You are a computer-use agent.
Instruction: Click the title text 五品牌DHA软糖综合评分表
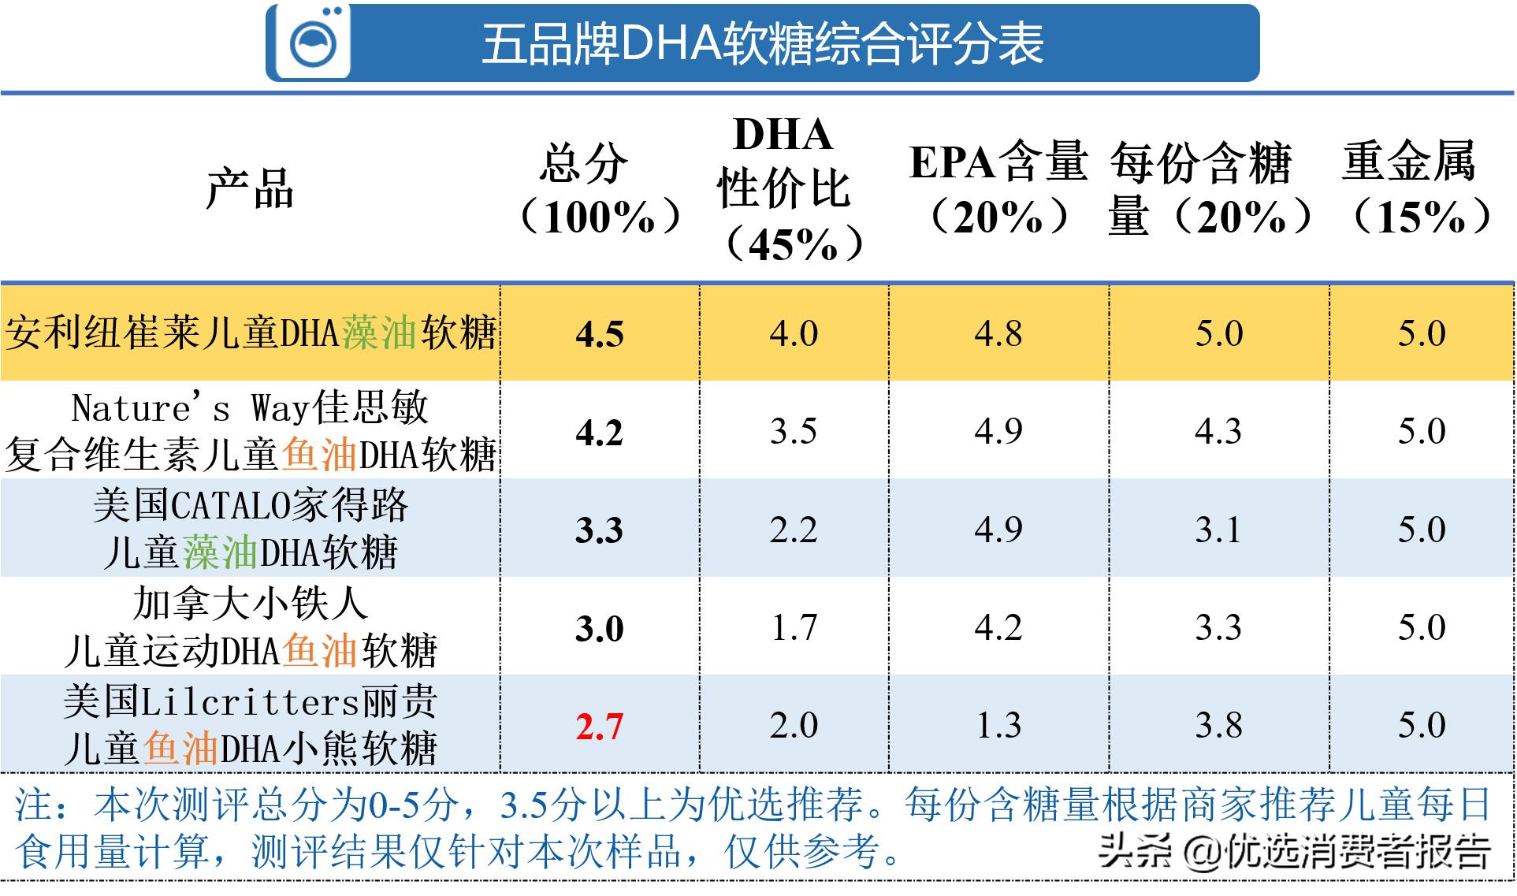point(762,44)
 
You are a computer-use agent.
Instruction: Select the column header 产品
point(249,189)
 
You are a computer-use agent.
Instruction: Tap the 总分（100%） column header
point(599,189)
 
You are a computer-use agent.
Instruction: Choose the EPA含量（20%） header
point(998,189)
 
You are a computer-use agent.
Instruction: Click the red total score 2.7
point(599,726)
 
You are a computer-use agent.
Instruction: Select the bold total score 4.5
point(599,334)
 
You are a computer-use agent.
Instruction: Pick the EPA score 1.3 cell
point(998,725)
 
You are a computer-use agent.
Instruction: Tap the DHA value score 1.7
point(794,627)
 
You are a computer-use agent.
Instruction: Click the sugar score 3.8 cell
point(1218,725)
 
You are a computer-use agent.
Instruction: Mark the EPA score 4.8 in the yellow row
point(998,333)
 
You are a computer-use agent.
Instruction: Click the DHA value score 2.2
point(794,529)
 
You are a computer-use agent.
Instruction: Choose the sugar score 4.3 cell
point(1218,431)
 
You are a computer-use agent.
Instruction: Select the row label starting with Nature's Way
point(249,431)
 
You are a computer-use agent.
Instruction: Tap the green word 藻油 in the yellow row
point(379,333)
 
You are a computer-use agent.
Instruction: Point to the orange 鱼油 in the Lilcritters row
point(180,749)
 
